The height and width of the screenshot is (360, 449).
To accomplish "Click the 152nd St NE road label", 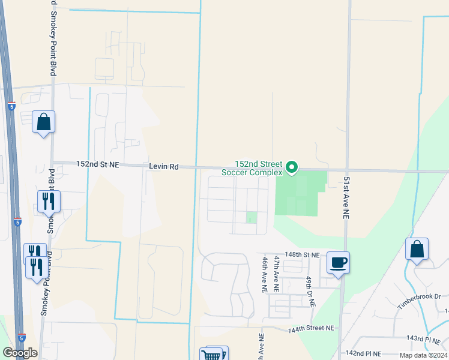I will (98, 164).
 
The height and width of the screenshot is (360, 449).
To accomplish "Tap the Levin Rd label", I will (164, 166).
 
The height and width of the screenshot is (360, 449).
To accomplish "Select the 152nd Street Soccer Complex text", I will (252, 167).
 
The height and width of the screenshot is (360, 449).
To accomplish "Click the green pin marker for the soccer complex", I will (292, 167).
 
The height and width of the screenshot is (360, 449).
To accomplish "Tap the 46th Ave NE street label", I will (264, 275).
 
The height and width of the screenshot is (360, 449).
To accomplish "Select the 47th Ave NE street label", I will (277, 274).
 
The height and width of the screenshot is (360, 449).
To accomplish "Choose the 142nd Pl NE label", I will (364, 354).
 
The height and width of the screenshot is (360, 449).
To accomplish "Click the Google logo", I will (20, 353).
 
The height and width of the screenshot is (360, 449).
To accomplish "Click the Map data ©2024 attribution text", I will (423, 355).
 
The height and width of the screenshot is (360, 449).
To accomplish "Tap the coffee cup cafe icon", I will (339, 262).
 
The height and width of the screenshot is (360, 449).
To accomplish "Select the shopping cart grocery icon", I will (212, 355).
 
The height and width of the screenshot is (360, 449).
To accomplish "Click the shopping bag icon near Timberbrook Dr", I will (417, 249).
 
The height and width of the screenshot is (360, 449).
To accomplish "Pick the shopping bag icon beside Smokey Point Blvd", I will (43, 122).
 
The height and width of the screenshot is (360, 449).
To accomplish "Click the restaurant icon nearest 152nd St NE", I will (48, 201).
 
